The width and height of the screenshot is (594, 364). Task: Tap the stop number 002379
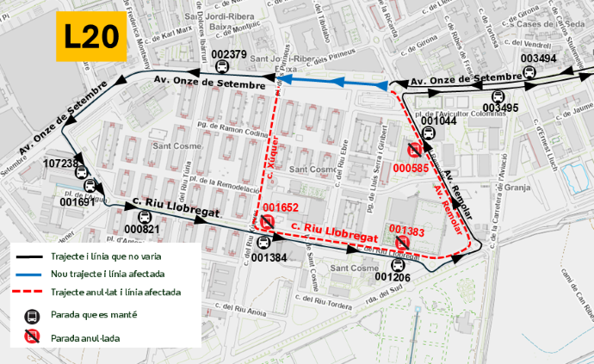point(228,55)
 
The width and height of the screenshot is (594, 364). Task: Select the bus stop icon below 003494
point(529,74)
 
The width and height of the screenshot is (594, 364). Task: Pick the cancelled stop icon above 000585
point(413,151)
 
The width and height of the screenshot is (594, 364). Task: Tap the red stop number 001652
point(281,207)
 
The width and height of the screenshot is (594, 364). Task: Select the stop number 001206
point(394,277)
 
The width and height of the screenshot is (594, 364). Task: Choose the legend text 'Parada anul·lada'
point(85,338)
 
